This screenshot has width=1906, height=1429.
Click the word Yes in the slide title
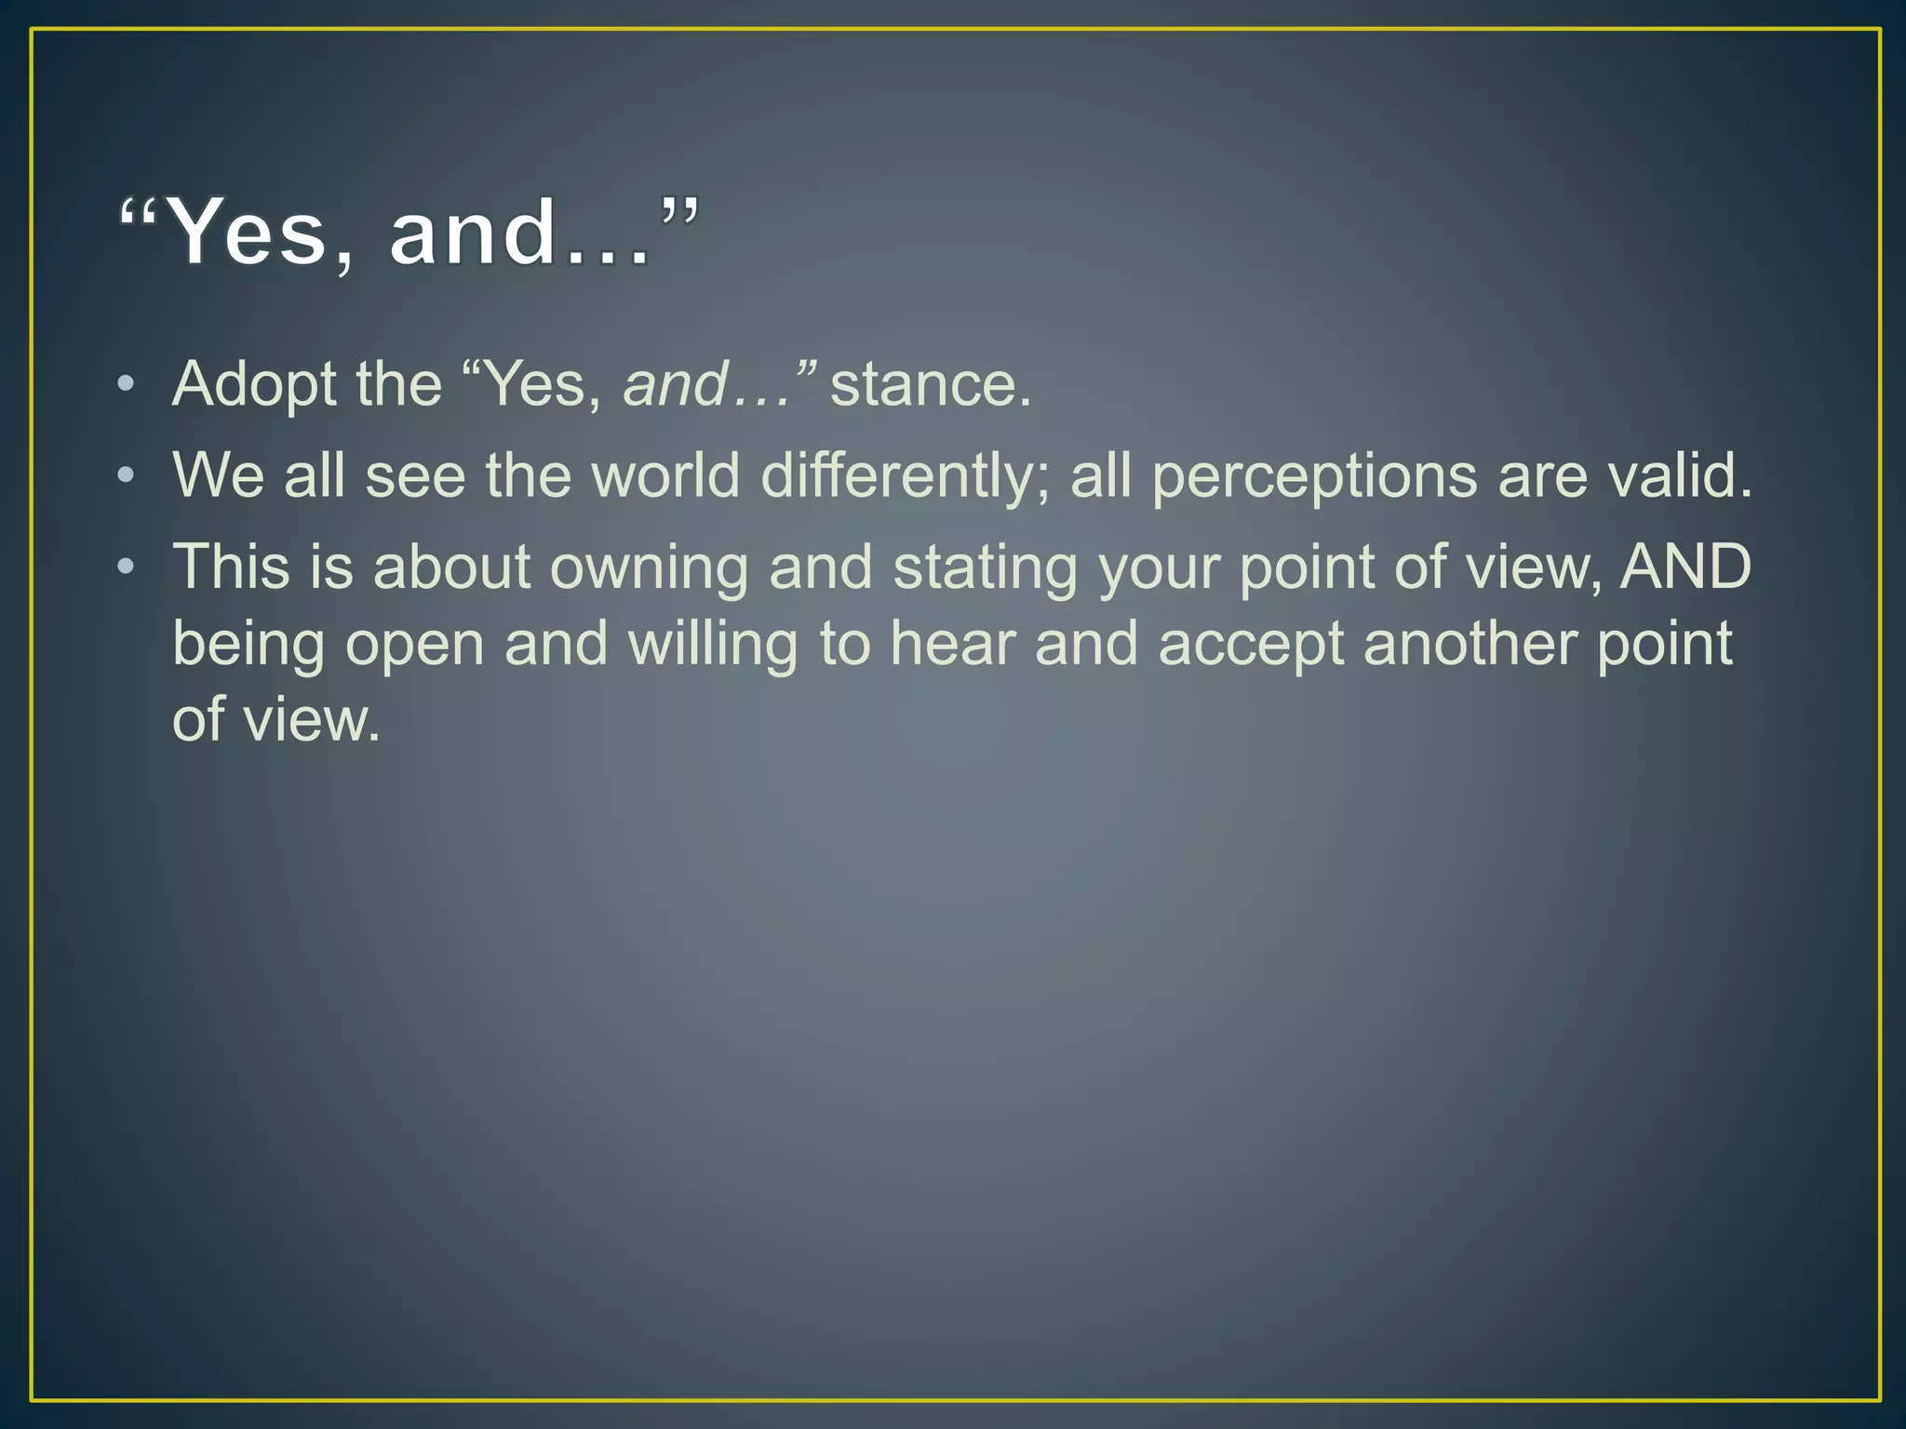coord(249,232)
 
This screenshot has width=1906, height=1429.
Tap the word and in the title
coord(473,232)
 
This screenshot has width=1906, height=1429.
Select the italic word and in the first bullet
coord(675,384)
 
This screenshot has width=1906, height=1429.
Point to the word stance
coord(930,384)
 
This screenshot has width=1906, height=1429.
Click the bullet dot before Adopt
coord(127,384)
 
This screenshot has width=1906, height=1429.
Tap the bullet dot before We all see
coord(127,476)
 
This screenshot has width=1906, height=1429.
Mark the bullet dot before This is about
coord(127,567)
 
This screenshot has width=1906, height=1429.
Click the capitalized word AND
coord(1685,567)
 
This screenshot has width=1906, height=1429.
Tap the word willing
coord(713,644)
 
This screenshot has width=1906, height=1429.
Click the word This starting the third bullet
coord(231,567)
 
